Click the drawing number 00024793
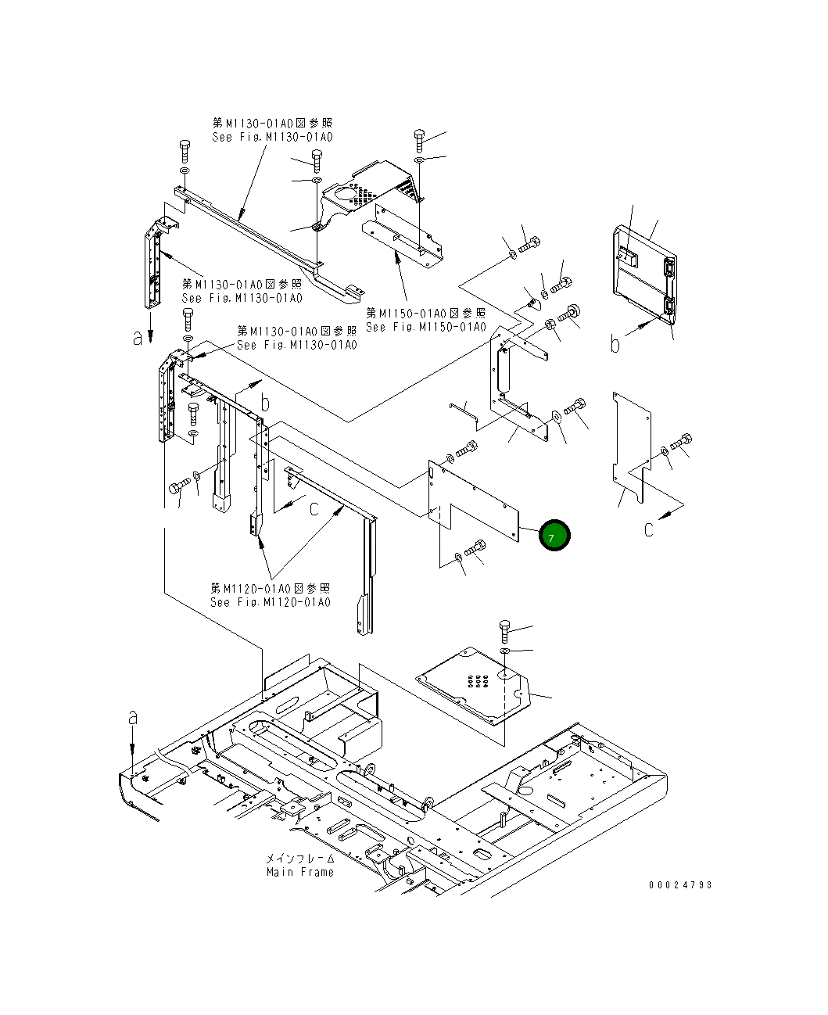[679, 885]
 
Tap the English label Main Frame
[299, 872]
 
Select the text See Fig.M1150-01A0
[426, 327]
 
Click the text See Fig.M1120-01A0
[270, 602]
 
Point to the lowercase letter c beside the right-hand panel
[648, 529]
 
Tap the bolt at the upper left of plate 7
[468, 450]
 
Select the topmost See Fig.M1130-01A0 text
[272, 137]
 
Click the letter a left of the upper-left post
[138, 337]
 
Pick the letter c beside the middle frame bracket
[314, 508]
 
